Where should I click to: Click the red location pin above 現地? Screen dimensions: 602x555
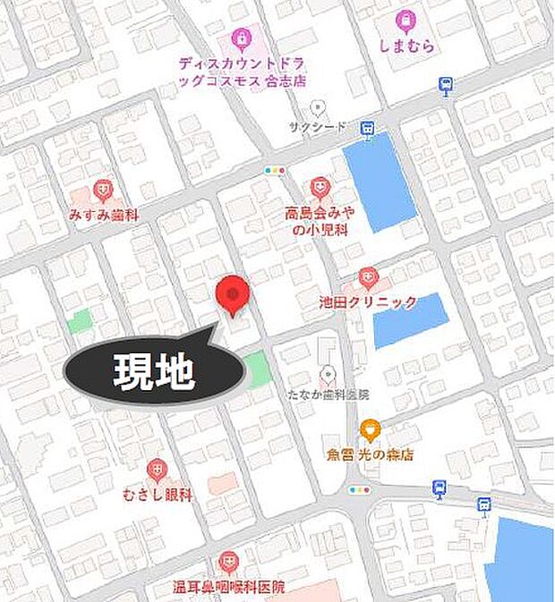(x=233, y=294)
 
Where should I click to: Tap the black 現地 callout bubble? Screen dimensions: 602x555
(x=154, y=371)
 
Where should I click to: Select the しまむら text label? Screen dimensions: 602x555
(x=406, y=43)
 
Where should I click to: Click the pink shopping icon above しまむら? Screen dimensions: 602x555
(x=406, y=19)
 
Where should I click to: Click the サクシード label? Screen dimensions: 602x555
(x=312, y=128)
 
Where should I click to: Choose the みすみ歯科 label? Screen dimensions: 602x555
(x=104, y=215)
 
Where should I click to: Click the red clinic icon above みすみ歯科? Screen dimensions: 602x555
(x=104, y=190)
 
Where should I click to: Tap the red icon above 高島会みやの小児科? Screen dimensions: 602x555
(x=320, y=187)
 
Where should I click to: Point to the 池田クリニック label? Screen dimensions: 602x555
(x=368, y=302)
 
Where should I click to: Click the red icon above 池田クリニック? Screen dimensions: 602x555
(x=368, y=277)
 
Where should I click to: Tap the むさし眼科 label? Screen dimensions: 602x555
(x=157, y=493)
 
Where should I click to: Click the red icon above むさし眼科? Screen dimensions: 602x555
(x=157, y=468)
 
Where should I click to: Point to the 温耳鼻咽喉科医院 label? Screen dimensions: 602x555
(x=228, y=588)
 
